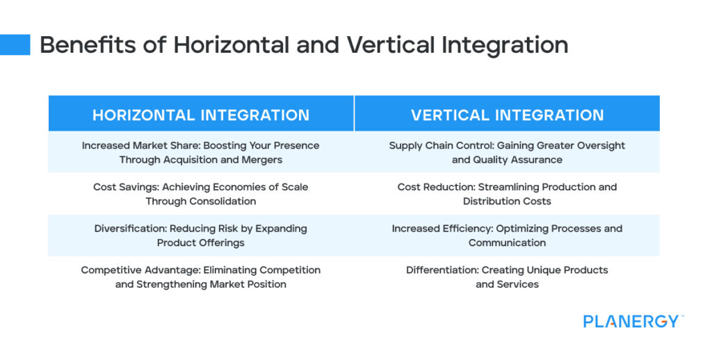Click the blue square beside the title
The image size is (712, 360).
(x=15, y=44)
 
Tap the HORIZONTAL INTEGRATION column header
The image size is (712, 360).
(x=201, y=115)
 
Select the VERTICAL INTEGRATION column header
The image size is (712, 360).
(x=507, y=115)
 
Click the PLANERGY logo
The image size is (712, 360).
(x=631, y=321)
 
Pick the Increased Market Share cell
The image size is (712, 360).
(x=201, y=152)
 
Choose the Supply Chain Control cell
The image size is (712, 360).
(x=507, y=152)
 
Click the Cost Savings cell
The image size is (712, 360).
(x=201, y=194)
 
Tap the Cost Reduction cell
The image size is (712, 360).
(x=507, y=194)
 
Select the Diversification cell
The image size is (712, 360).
(x=201, y=236)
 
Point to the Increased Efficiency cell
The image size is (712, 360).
(x=507, y=236)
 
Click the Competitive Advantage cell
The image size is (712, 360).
(x=201, y=277)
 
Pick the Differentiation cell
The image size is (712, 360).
(x=507, y=277)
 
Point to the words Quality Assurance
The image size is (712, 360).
(x=519, y=160)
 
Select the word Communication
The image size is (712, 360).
(x=507, y=243)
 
